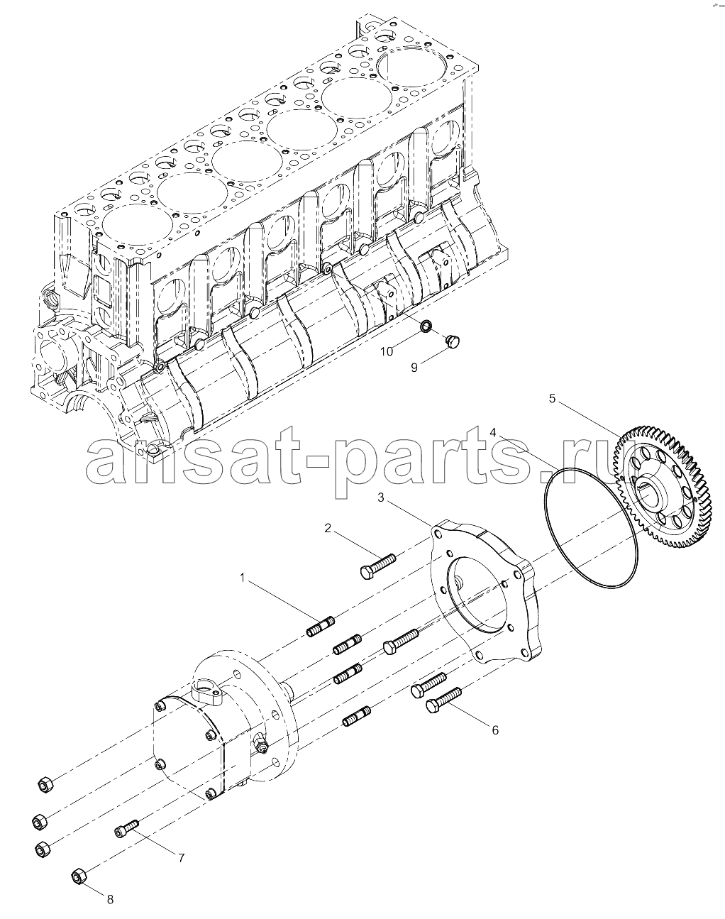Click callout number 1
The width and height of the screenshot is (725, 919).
(x=243, y=578)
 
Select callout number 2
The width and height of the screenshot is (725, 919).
(x=328, y=528)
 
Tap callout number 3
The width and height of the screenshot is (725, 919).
(x=381, y=497)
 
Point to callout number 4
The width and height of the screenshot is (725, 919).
(x=493, y=433)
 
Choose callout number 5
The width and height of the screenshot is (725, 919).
(x=552, y=398)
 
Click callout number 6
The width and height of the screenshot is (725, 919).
(x=495, y=730)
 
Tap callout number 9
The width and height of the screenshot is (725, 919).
(x=414, y=368)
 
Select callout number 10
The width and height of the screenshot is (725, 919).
(x=387, y=351)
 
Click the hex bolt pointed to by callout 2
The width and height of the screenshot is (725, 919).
(x=378, y=566)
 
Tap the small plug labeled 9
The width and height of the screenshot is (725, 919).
(x=451, y=341)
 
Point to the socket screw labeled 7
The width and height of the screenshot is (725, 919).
(x=126, y=828)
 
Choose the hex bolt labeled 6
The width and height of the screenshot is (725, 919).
(x=443, y=700)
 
